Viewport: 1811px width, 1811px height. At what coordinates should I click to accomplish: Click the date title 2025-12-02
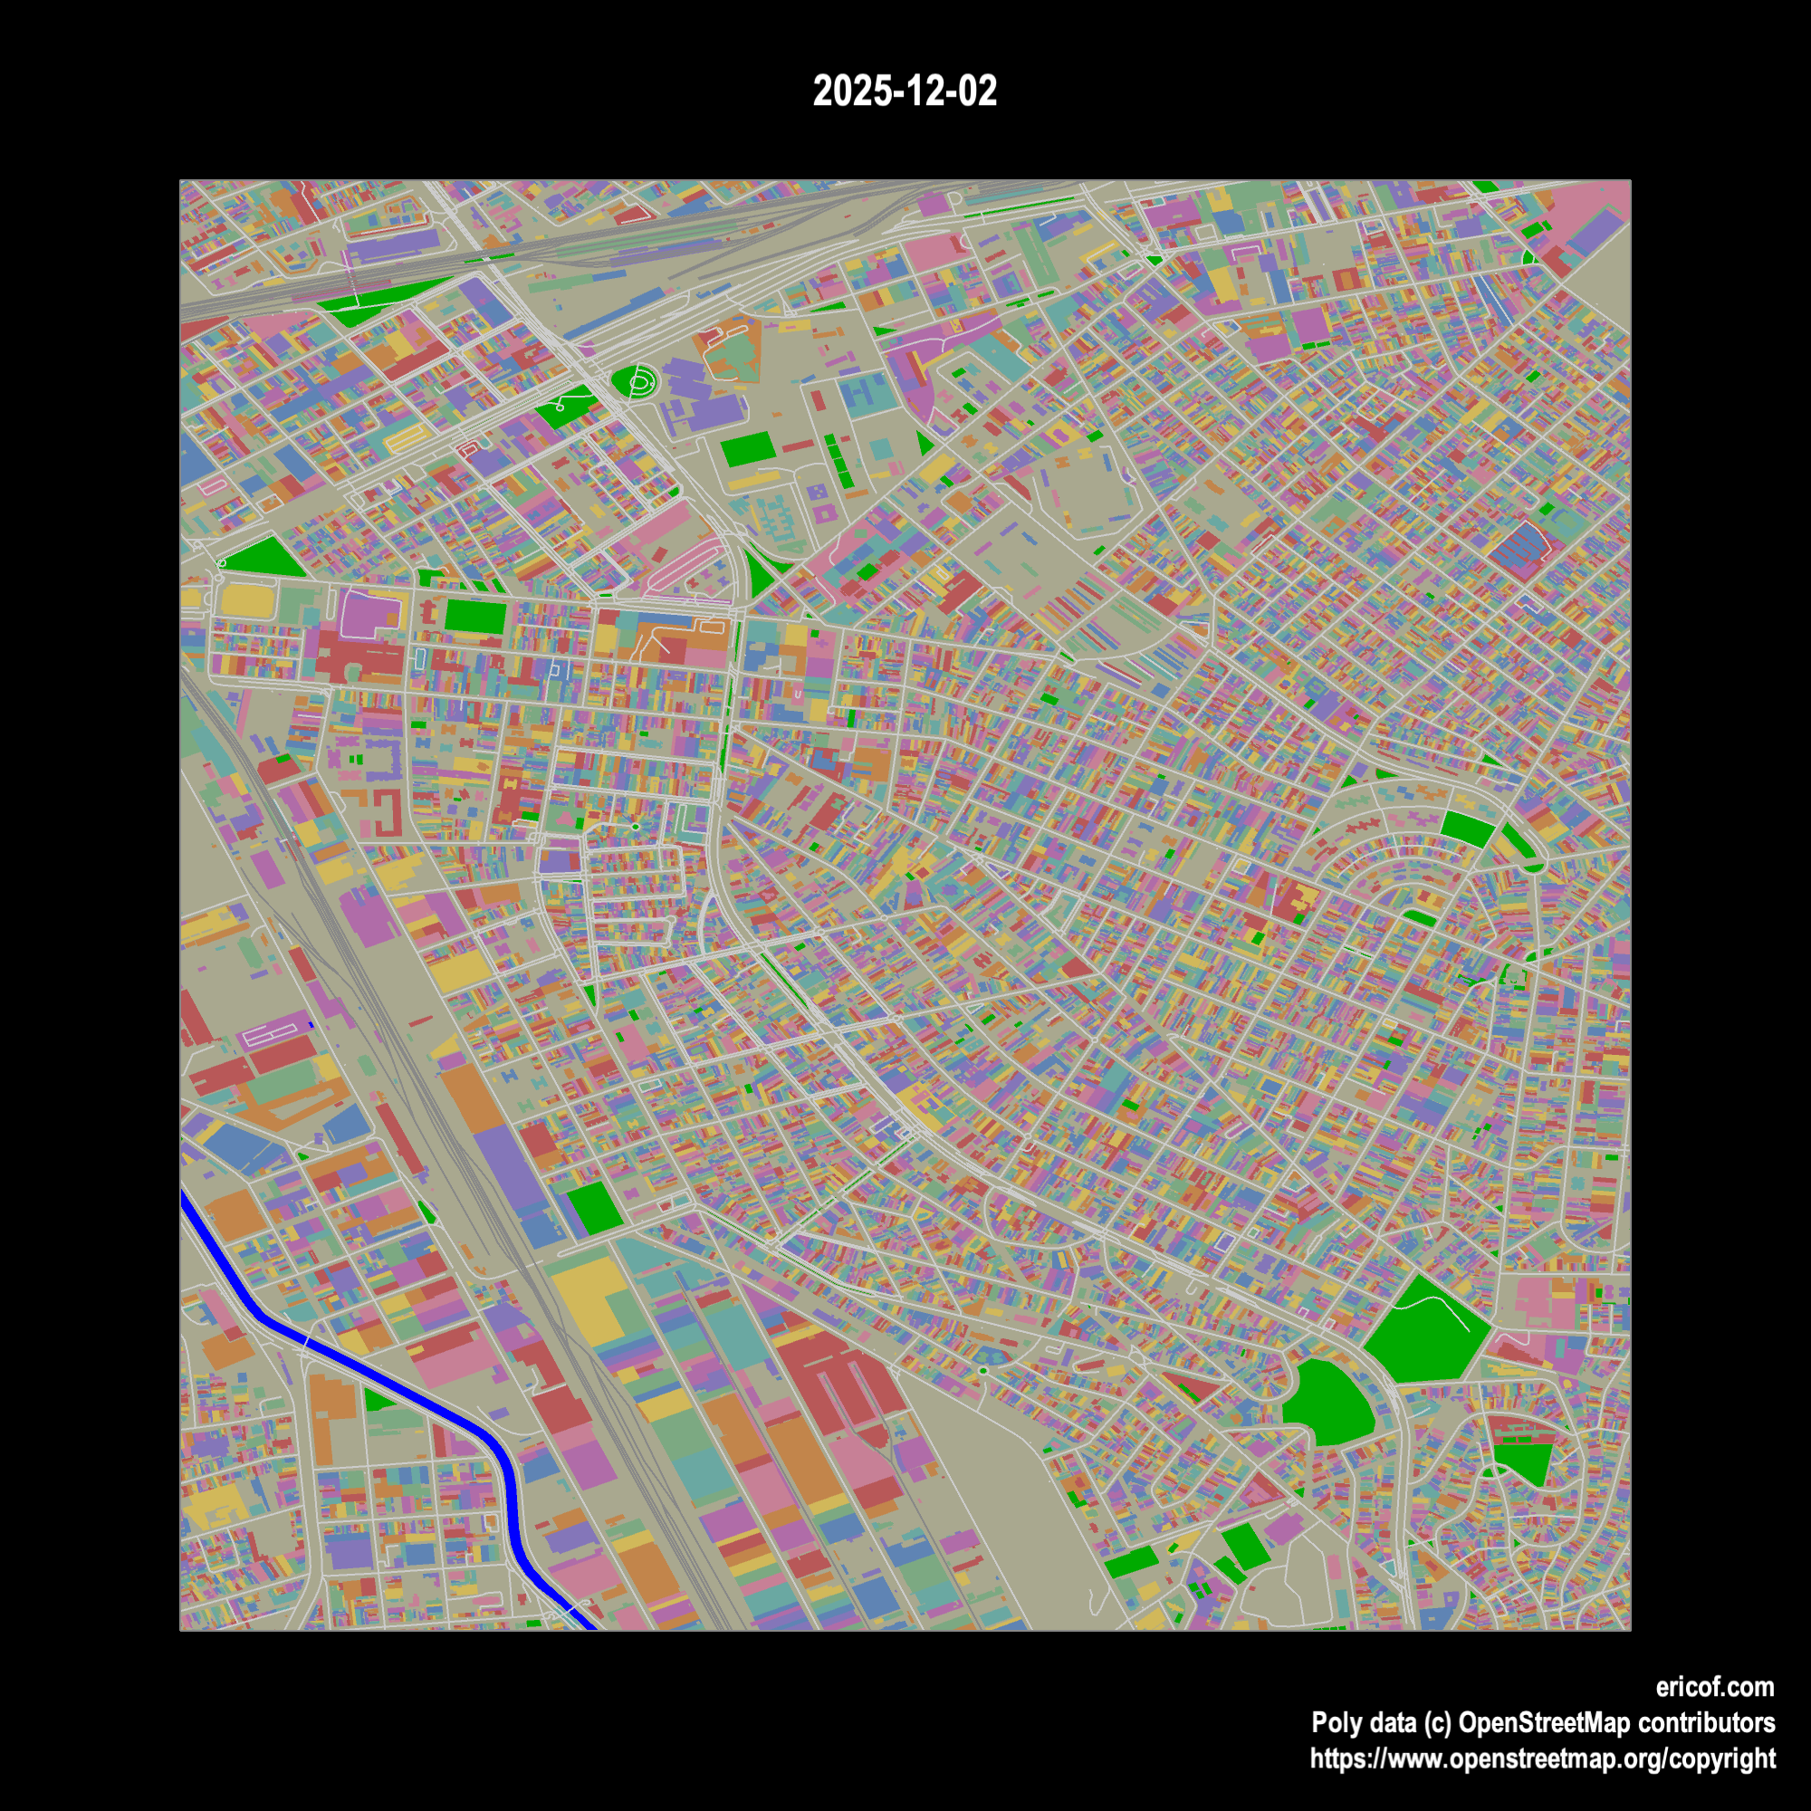(x=905, y=91)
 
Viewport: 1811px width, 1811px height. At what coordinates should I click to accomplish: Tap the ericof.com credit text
(x=1714, y=1687)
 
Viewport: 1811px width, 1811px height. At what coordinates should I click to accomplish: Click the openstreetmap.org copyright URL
(x=1542, y=1758)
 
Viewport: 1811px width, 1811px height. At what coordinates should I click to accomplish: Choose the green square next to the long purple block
(x=594, y=1208)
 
